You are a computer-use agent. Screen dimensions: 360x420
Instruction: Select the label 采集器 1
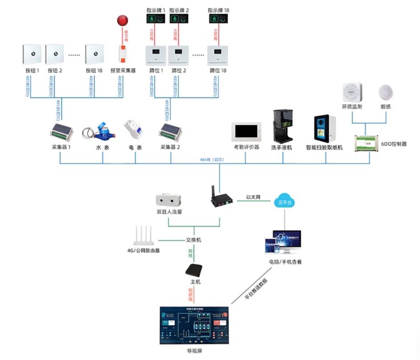click(62, 147)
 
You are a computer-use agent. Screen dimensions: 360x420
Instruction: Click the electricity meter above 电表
click(135, 130)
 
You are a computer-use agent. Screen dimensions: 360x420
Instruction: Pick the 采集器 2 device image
click(172, 131)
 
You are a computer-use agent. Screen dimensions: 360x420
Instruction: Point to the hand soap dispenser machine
click(281, 125)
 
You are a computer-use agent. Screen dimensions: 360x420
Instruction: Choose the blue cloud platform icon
click(284, 201)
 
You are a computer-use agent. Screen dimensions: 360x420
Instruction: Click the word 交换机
click(194, 240)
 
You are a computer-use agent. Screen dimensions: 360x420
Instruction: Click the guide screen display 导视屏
click(194, 325)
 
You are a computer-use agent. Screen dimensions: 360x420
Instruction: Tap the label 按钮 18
click(94, 70)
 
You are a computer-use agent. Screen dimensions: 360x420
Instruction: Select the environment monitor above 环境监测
click(352, 92)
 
